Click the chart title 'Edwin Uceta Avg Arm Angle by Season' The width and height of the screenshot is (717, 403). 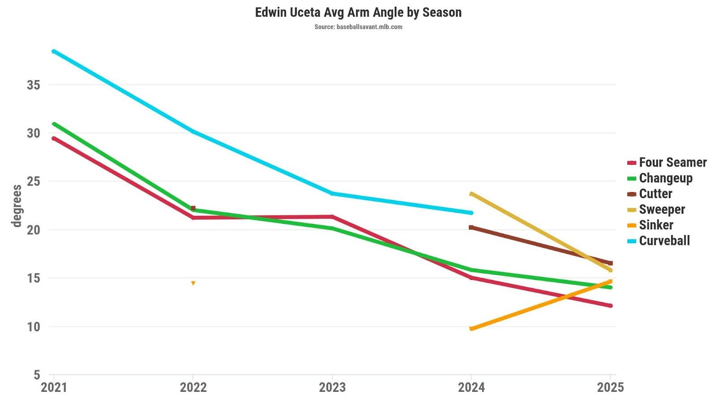click(x=358, y=12)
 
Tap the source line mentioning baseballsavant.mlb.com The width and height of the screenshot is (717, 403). click(x=358, y=27)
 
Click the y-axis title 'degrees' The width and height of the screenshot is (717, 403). click(x=17, y=206)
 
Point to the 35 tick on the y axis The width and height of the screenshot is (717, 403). click(x=33, y=85)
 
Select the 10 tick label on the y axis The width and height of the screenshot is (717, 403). click(x=33, y=326)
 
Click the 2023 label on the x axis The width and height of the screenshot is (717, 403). click(x=332, y=387)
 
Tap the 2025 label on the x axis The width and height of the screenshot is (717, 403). click(x=610, y=387)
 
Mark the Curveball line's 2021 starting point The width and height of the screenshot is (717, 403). click(x=54, y=51)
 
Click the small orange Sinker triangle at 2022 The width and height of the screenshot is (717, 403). click(x=193, y=283)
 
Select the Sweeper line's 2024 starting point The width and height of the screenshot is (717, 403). click(x=471, y=194)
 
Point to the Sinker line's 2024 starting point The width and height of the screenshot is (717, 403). click(x=471, y=329)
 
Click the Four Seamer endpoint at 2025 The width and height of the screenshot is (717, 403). click(x=610, y=306)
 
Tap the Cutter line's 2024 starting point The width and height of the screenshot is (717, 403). click(x=471, y=227)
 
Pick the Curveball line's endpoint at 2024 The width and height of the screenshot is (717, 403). click(x=471, y=213)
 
